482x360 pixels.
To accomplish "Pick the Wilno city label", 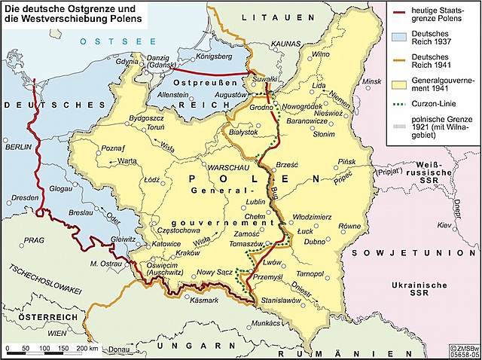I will (322, 54).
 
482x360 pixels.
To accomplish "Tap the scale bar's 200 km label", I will (87, 349).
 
